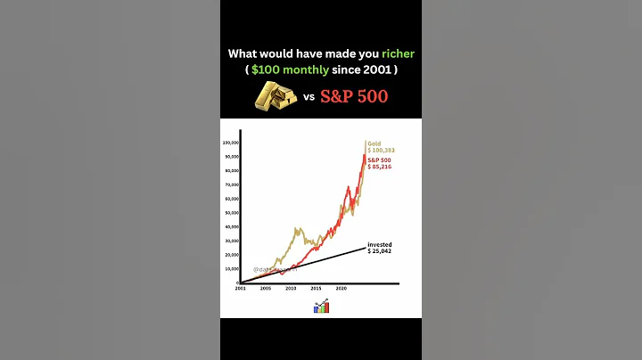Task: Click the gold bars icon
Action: (x=276, y=96)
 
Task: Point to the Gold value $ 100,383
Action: (x=381, y=151)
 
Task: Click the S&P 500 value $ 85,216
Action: (x=380, y=167)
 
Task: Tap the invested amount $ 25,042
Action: (x=380, y=250)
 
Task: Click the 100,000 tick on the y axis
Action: (x=229, y=143)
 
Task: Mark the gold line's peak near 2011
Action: (x=295, y=228)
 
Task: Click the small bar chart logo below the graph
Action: (x=321, y=307)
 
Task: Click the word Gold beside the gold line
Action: (x=374, y=143)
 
